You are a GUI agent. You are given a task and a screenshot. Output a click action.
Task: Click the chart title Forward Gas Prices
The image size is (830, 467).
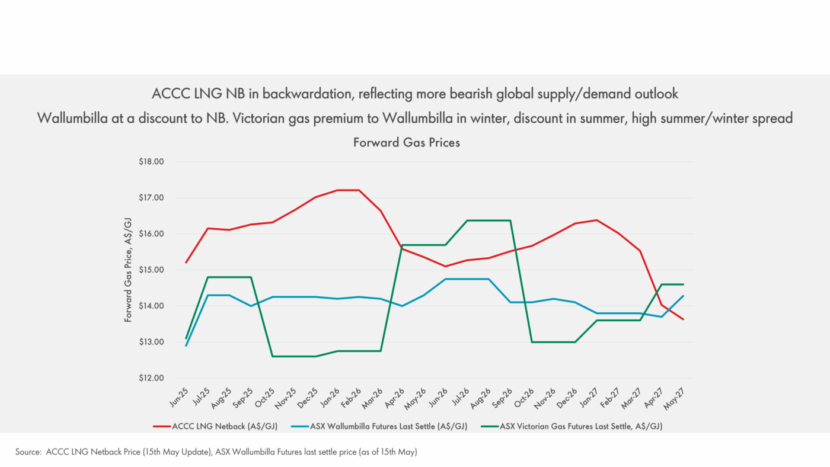[406, 143]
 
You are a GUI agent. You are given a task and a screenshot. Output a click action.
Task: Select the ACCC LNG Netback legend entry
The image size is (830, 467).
[221, 426]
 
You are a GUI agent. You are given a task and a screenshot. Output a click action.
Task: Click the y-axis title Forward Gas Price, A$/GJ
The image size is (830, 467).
[127, 270]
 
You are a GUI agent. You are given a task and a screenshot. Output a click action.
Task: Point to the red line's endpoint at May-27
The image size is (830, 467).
[683, 319]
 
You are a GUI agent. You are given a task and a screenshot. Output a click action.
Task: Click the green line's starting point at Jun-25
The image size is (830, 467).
[186, 338]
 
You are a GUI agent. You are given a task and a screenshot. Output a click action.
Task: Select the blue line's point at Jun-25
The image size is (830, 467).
[186, 346]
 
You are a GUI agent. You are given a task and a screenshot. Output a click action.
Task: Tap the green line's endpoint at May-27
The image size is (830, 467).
[683, 284]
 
